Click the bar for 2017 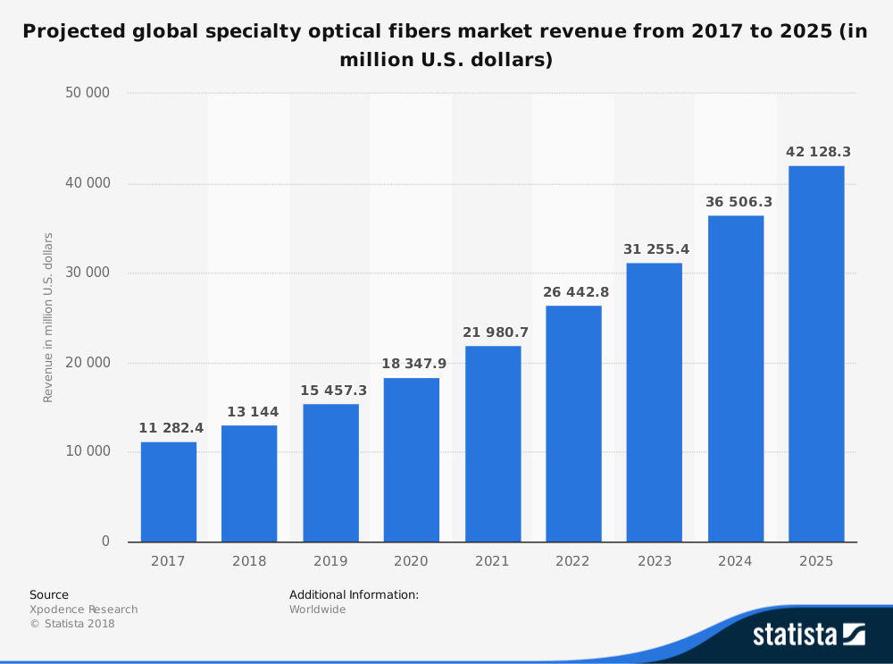168,492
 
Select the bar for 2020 412,459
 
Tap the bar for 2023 655,402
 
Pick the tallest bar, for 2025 816,354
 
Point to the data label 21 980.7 496,332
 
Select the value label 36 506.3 739,202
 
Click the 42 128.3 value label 818,152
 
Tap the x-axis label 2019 330,561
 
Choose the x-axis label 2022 573,561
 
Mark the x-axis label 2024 736,561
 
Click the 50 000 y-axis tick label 87,93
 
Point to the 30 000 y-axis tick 87,273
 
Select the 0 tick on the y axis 105,542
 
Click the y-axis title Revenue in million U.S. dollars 48,317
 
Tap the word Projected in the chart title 77,32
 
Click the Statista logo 807,635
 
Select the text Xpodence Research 84,609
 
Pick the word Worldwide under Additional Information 317,609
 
